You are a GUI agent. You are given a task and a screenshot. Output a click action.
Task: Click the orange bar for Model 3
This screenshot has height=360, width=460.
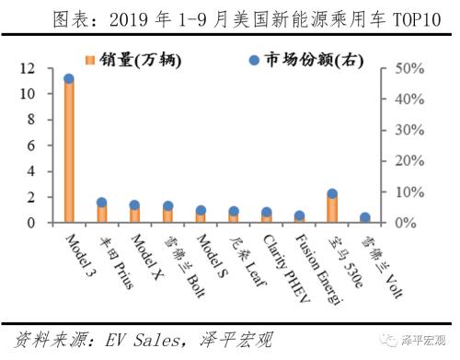[x=69, y=151]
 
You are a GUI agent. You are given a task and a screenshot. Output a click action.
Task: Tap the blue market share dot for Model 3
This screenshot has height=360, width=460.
[x=69, y=79]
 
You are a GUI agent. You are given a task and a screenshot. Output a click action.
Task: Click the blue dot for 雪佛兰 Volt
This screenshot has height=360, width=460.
[x=365, y=218]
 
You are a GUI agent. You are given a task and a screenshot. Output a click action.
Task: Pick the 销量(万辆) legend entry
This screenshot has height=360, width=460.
[x=133, y=61]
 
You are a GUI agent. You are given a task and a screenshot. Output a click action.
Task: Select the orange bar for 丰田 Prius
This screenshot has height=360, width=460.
[x=102, y=213]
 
